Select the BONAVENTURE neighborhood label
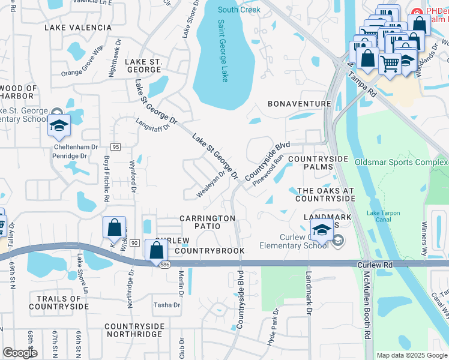point(300,104)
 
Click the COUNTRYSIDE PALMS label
point(318,163)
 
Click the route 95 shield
point(116,147)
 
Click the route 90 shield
point(134,242)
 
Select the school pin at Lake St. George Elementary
point(60,126)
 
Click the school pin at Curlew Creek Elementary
point(322,229)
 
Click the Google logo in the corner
point(20,353)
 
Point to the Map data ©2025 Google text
point(411,355)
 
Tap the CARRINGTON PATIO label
point(207,223)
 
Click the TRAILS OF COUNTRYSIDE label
point(62,302)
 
